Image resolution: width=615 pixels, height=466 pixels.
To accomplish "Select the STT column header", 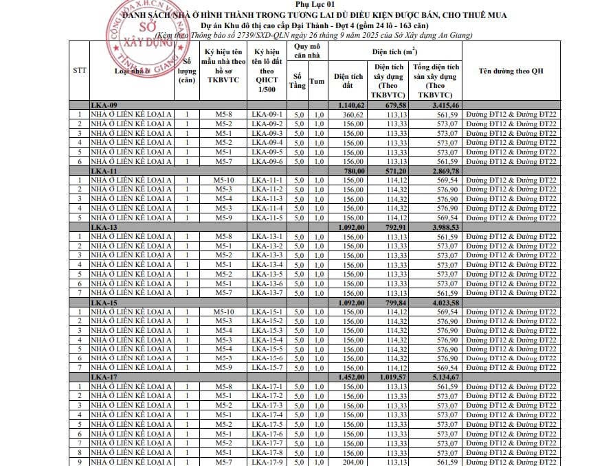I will click(x=80, y=71).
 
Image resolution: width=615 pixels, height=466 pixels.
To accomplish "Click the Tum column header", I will click(x=317, y=81).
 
